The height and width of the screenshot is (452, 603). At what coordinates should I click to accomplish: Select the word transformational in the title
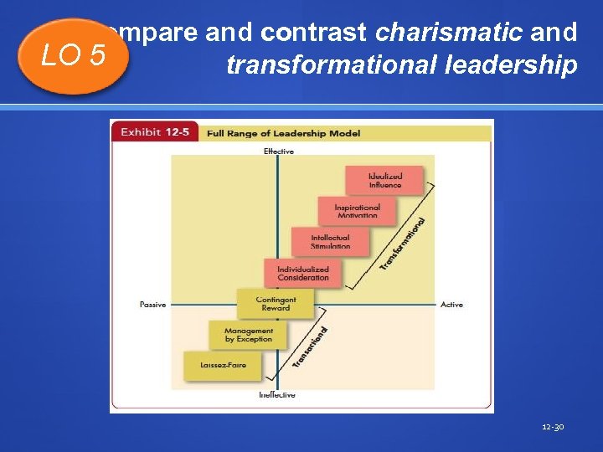[317, 65]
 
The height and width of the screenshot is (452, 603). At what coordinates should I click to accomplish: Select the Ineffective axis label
[276, 394]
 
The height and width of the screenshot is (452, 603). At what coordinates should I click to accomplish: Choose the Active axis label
[451, 305]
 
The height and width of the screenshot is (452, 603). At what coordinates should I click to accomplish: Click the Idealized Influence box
[384, 180]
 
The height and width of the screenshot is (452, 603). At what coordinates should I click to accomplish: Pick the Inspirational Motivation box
[357, 211]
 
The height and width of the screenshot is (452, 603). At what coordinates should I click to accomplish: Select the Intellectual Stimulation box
[330, 242]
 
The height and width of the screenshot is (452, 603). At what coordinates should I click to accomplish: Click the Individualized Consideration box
[302, 273]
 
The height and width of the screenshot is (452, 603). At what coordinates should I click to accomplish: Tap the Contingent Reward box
[275, 303]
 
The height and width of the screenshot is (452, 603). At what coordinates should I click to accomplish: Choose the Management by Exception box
[248, 335]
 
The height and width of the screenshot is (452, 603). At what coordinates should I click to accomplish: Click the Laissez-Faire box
[221, 365]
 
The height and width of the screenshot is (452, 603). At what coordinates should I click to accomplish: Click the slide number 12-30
[553, 427]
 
